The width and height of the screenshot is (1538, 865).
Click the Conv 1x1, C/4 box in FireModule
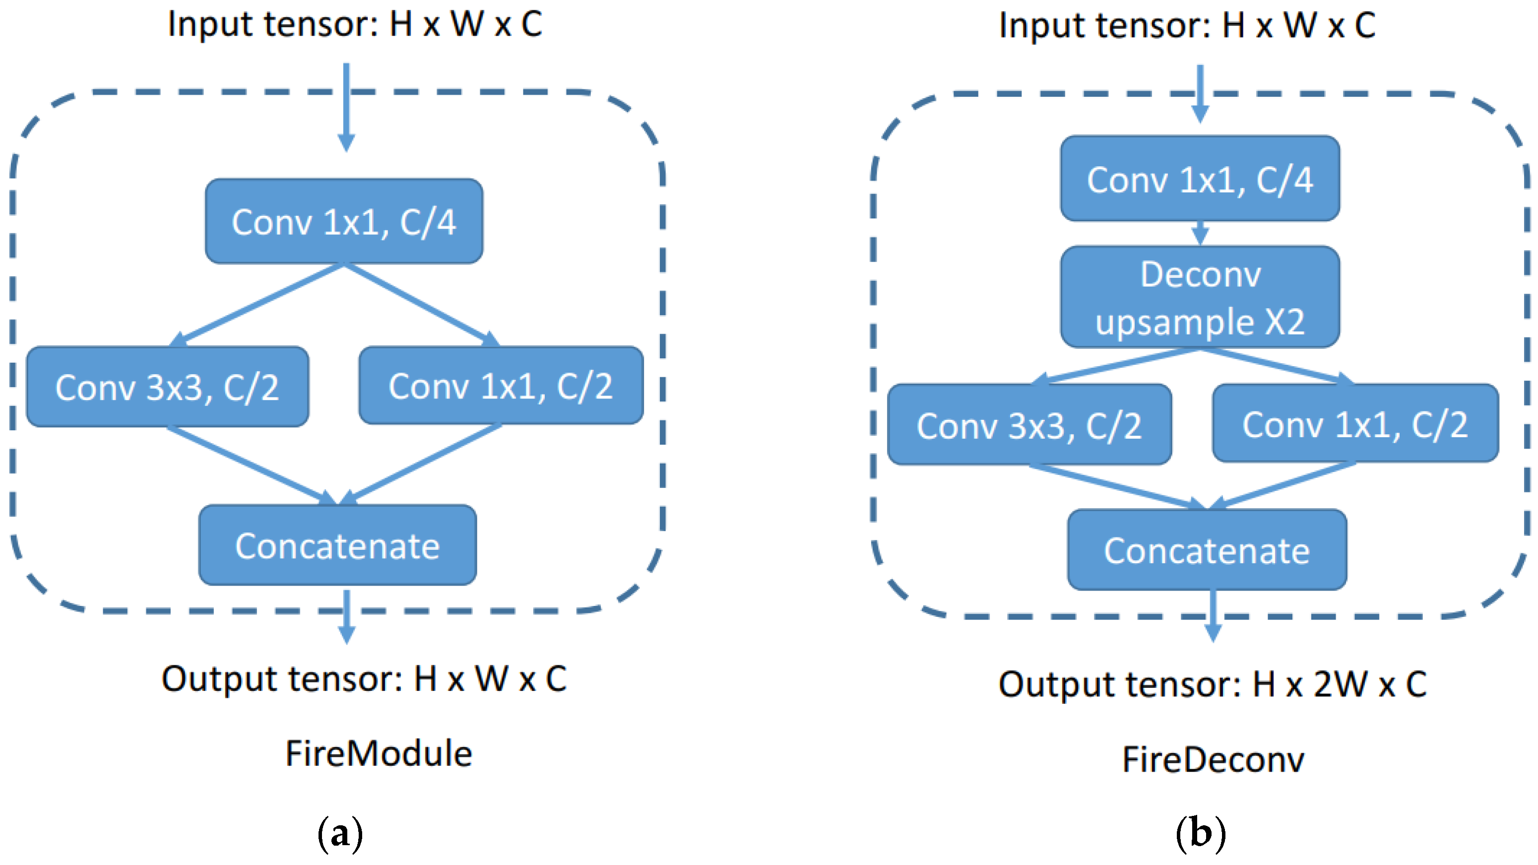344,221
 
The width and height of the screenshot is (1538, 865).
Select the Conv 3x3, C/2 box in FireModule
168,387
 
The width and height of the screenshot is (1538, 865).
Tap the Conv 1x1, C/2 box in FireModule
501,385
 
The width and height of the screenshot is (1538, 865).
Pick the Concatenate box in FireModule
337,545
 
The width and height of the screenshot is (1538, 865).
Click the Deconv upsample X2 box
1200,297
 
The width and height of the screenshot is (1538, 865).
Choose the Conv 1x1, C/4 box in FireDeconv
1200,179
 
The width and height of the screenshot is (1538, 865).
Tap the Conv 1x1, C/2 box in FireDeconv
1355,423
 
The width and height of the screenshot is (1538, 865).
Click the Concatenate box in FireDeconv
1207,549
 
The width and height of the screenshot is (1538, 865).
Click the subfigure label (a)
340,833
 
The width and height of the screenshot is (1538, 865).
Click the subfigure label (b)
1201,833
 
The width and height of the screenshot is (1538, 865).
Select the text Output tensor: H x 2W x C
1212,683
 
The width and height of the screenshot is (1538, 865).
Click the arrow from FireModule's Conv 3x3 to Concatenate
251,465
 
